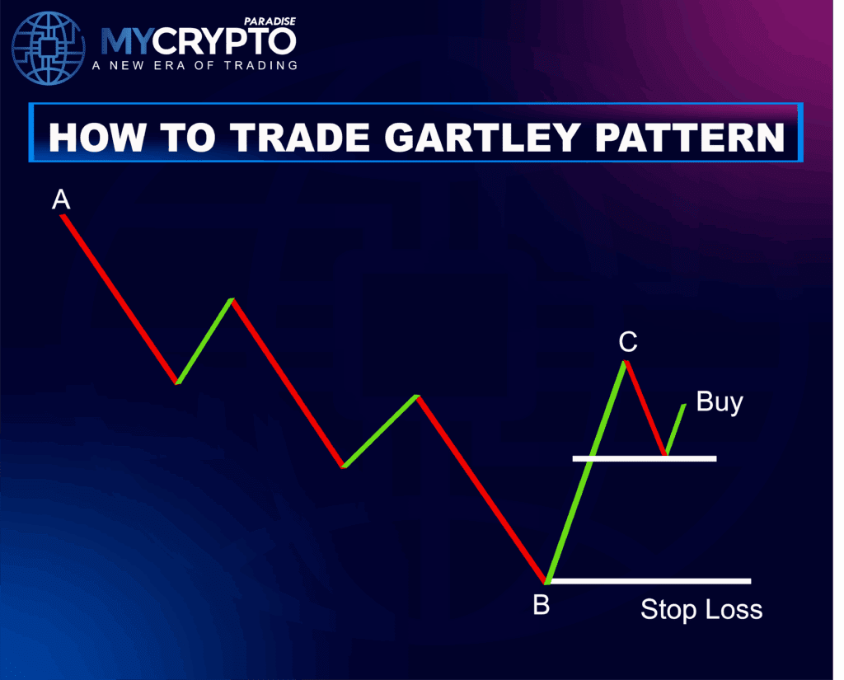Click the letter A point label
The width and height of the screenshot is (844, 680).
(x=60, y=199)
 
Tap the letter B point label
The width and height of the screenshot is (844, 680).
(x=541, y=606)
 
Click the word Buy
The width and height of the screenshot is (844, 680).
(x=720, y=402)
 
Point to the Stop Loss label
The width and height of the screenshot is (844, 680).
(x=701, y=610)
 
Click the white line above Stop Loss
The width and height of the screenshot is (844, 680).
(x=651, y=581)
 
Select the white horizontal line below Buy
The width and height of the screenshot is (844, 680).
(x=645, y=457)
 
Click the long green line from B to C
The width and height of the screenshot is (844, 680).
(x=585, y=472)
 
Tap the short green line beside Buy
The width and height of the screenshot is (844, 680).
(x=675, y=429)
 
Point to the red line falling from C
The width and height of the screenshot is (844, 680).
(x=646, y=408)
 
